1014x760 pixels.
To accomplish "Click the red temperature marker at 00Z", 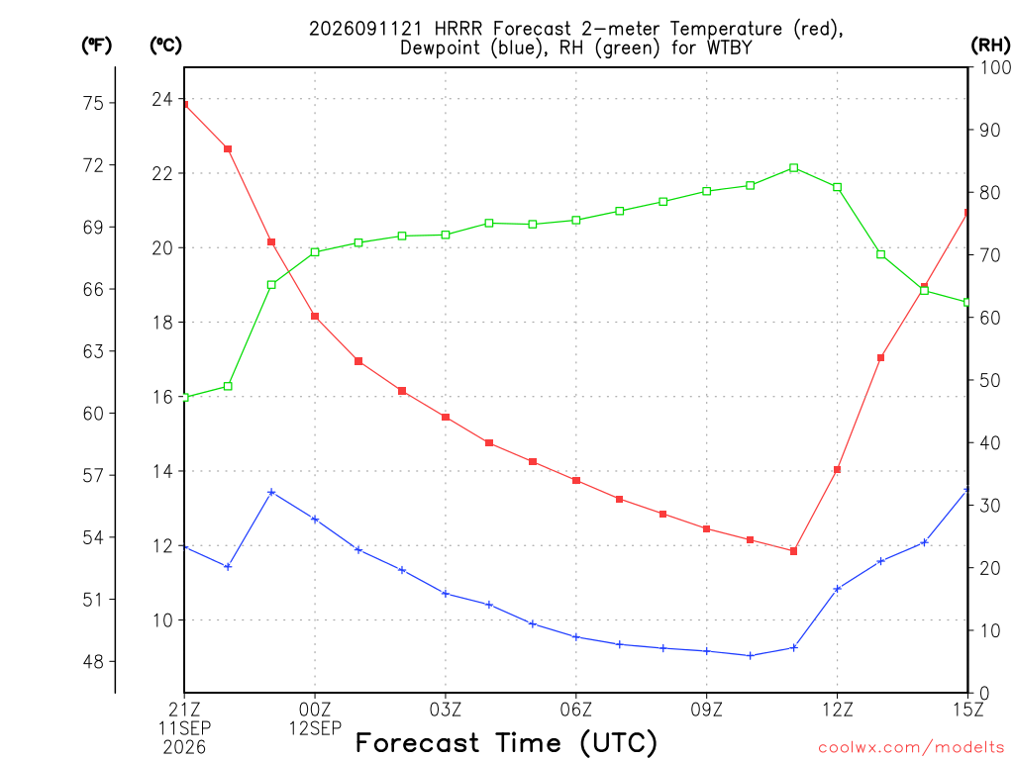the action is (315, 316).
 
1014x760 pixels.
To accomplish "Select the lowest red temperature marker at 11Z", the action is (794, 551).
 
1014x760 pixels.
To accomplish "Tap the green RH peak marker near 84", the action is (794, 168).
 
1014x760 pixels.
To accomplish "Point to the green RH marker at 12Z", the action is (838, 187).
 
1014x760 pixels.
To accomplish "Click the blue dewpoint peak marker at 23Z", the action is (271, 493).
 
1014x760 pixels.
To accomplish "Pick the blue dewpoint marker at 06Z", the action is (576, 637).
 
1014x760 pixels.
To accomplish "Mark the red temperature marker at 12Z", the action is (838, 470).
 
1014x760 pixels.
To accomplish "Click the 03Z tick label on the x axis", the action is (446, 710).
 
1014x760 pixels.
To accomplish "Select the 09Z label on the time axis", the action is (706, 710).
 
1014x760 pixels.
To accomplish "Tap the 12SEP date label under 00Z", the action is (315, 728).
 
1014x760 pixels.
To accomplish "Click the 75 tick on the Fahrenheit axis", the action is (93, 103).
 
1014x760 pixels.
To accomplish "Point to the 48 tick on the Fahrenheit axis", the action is (93, 662).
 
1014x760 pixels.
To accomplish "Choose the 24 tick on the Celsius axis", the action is (162, 100).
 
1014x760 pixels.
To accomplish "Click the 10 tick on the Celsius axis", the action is (162, 620).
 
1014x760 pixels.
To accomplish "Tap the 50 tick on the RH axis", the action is (989, 381).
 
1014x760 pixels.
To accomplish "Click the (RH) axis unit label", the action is (990, 46).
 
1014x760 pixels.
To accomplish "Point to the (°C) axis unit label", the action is (165, 46).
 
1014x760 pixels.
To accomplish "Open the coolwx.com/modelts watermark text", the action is (911, 748).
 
